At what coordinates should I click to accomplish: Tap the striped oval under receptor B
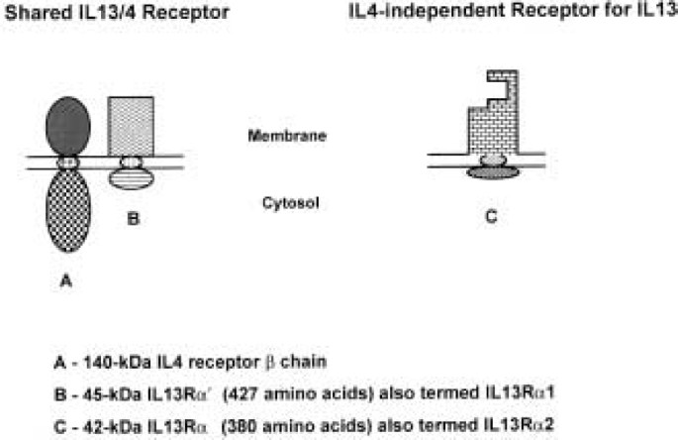click(x=132, y=178)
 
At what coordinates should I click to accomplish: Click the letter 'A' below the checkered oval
click(x=67, y=280)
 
